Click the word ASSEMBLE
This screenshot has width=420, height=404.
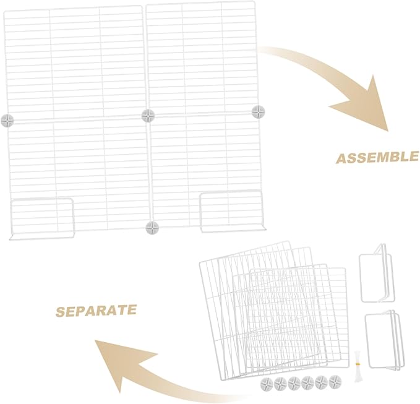click(x=377, y=158)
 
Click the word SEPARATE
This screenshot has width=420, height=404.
click(x=96, y=311)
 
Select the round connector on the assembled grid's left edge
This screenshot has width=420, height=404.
click(x=7, y=120)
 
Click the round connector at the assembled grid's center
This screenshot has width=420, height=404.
click(x=148, y=116)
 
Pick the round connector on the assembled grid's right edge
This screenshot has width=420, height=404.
click(x=259, y=111)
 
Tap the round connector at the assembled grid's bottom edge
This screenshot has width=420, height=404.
click(x=152, y=228)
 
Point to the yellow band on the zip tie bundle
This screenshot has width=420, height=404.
click(x=356, y=364)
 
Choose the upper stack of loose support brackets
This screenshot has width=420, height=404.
click(x=377, y=273)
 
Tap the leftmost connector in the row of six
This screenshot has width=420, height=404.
click(x=267, y=384)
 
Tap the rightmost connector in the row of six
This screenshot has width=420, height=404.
click(x=335, y=382)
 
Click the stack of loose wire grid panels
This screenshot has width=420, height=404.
click(x=274, y=311)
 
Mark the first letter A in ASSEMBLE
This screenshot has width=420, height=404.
click(x=342, y=159)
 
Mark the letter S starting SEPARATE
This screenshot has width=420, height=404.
click(x=61, y=312)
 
